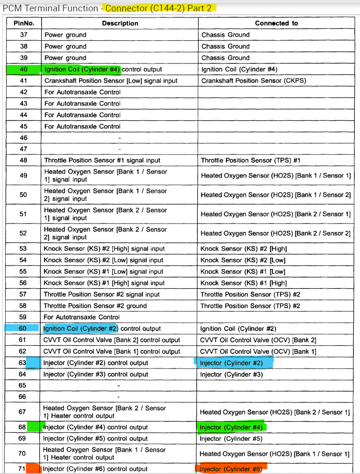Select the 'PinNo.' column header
[23, 23]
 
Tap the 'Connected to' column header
[276, 23]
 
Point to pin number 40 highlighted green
[23, 69]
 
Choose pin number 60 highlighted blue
[23, 328]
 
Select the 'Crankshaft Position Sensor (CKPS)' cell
[254, 80]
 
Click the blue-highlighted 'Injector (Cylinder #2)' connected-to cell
[231, 363]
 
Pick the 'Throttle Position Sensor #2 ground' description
[95, 305]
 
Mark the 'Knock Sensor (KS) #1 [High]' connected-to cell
[244, 283]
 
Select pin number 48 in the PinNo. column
[23, 160]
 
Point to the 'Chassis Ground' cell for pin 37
[225, 35]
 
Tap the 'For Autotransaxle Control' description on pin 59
[82, 317]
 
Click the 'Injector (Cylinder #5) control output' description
[95, 438]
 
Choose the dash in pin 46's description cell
[119, 137]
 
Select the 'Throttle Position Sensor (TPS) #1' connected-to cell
[251, 160]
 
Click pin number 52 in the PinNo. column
[23, 233]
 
